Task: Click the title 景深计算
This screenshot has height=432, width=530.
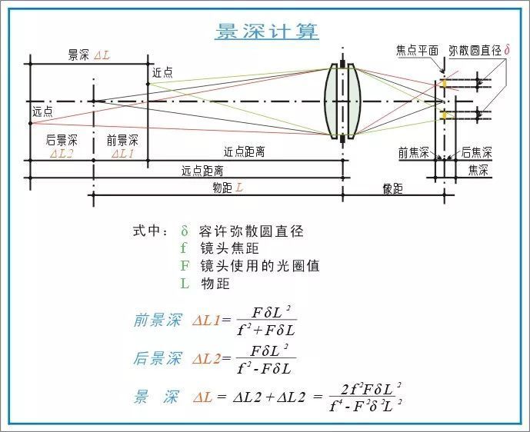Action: [266, 32]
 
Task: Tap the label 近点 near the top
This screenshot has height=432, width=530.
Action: [162, 72]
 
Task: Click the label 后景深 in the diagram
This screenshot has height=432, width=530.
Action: [62, 140]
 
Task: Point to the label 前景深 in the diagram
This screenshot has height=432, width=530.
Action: [122, 140]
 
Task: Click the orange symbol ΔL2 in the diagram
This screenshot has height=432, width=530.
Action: [62, 154]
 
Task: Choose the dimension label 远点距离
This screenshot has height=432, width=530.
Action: [202, 170]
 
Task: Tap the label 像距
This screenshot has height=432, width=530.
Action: [392, 188]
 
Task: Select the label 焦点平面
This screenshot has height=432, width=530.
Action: [417, 51]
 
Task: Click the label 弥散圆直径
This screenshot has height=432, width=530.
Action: [475, 51]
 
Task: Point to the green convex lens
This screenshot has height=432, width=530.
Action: [342, 101]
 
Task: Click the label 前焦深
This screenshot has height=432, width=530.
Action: [413, 152]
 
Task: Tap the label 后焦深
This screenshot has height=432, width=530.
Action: [476, 152]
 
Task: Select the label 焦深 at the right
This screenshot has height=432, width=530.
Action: [478, 170]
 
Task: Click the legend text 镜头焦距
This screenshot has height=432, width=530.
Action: [228, 248]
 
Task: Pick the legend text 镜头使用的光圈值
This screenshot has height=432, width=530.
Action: [259, 266]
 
